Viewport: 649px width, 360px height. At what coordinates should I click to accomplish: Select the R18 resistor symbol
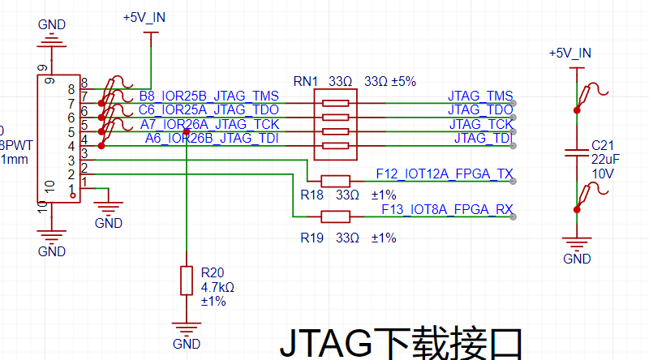point(335,181)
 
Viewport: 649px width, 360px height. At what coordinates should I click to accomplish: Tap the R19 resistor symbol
point(335,216)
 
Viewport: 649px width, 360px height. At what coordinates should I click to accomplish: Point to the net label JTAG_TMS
point(480,96)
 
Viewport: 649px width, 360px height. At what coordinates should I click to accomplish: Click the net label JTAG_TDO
point(480,109)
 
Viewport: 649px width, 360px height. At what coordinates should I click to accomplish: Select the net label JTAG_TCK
point(480,124)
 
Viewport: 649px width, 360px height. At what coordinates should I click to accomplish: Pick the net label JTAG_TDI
point(484,138)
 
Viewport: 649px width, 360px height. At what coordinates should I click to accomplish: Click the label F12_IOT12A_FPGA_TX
point(445,174)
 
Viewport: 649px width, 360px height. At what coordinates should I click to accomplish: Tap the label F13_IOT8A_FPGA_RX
point(448,209)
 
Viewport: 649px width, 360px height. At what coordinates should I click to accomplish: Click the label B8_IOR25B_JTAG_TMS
point(209,96)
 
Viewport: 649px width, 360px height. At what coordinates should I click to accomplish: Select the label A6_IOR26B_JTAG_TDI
point(212,138)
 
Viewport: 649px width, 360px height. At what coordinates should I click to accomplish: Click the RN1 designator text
point(306,81)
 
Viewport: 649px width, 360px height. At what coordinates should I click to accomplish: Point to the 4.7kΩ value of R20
point(217,287)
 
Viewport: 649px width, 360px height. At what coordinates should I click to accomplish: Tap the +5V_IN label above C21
point(570,53)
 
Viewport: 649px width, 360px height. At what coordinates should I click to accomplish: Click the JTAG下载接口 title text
point(399,344)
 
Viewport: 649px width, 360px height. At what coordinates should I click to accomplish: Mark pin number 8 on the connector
point(84,89)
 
